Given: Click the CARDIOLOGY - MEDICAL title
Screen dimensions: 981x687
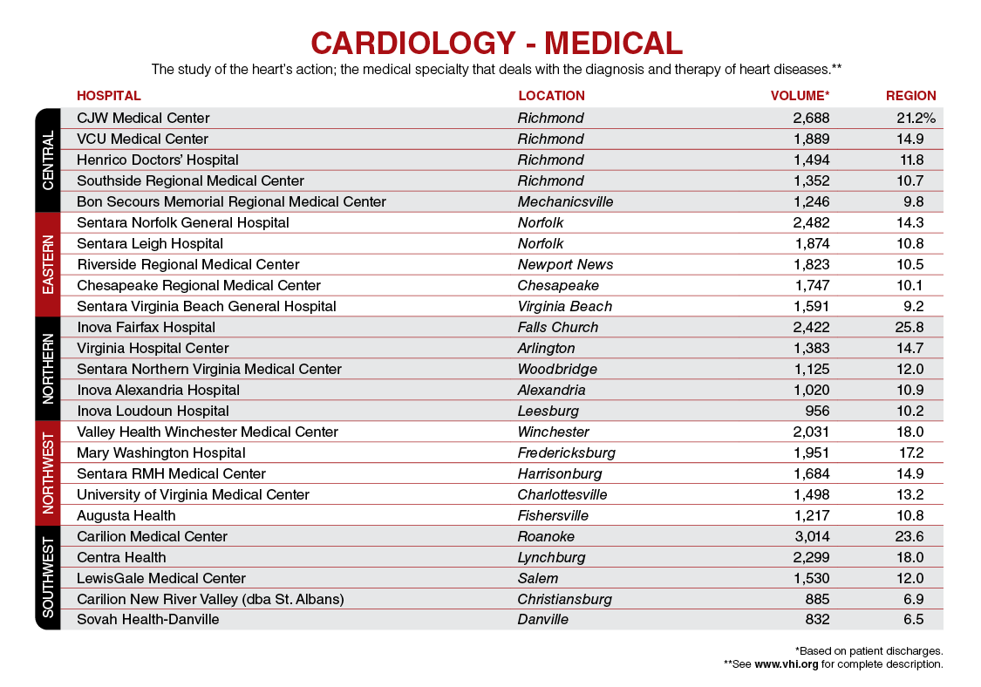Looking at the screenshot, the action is click(496, 44).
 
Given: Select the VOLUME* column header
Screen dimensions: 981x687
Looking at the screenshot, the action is click(800, 96).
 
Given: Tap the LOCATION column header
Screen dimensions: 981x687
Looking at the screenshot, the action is click(551, 96).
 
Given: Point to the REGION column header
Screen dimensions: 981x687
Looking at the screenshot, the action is click(911, 96).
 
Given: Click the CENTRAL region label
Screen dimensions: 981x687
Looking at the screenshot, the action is click(48, 160).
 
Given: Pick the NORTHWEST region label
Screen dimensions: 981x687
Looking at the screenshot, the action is click(48, 473).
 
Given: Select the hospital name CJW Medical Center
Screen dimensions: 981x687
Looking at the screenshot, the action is click(143, 119).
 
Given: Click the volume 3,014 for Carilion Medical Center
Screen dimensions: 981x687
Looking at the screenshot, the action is click(812, 537).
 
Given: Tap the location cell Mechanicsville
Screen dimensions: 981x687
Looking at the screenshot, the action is click(566, 202).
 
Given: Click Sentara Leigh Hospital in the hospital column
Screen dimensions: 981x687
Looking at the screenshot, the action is click(150, 244).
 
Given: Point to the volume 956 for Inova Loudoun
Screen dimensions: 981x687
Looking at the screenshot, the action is click(817, 412).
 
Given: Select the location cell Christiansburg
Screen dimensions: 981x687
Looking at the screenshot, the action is click(564, 600).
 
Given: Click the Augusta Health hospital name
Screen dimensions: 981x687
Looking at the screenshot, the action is click(126, 515).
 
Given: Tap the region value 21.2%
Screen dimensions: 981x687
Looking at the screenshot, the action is click(916, 119).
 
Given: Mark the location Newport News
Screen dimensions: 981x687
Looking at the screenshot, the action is click(566, 265).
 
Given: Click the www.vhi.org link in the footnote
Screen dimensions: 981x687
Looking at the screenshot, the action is click(787, 664).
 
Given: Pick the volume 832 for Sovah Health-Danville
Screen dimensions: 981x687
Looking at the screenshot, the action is click(817, 619).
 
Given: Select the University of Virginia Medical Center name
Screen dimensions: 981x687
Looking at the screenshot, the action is click(194, 495).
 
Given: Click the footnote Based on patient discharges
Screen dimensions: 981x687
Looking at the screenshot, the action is click(869, 651).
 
